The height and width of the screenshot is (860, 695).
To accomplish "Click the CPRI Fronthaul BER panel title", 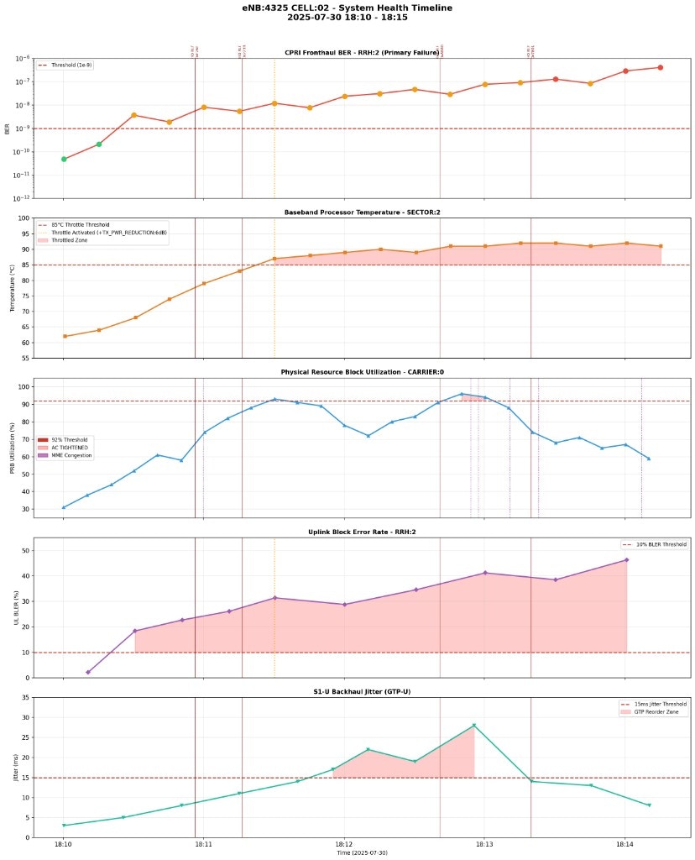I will coord(363,52).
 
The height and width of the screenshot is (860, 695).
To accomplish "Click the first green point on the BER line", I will coord(64,159).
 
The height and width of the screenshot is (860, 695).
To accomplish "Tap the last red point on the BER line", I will coord(660,67).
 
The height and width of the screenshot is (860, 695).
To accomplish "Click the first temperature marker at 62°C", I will coord(64,336).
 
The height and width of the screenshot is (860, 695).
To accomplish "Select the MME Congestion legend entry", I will coord(71,455).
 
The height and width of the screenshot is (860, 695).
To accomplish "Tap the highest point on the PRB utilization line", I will coord(461,394).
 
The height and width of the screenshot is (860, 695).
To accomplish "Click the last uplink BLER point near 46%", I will coord(625,560).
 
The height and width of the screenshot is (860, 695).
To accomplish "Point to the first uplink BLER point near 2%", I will coord(87,672).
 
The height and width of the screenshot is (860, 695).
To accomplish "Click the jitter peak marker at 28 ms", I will coord(473,726).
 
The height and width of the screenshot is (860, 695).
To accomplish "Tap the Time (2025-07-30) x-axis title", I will coord(363,853).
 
